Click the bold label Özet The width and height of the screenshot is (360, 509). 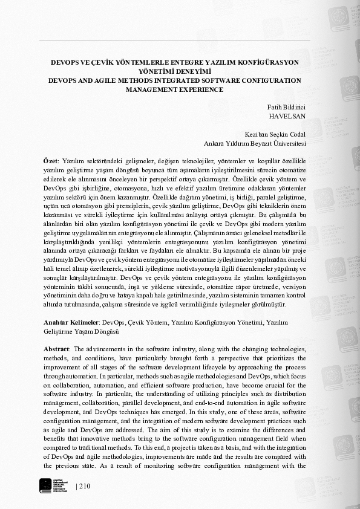50,163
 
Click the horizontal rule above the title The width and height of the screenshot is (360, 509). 175,41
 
